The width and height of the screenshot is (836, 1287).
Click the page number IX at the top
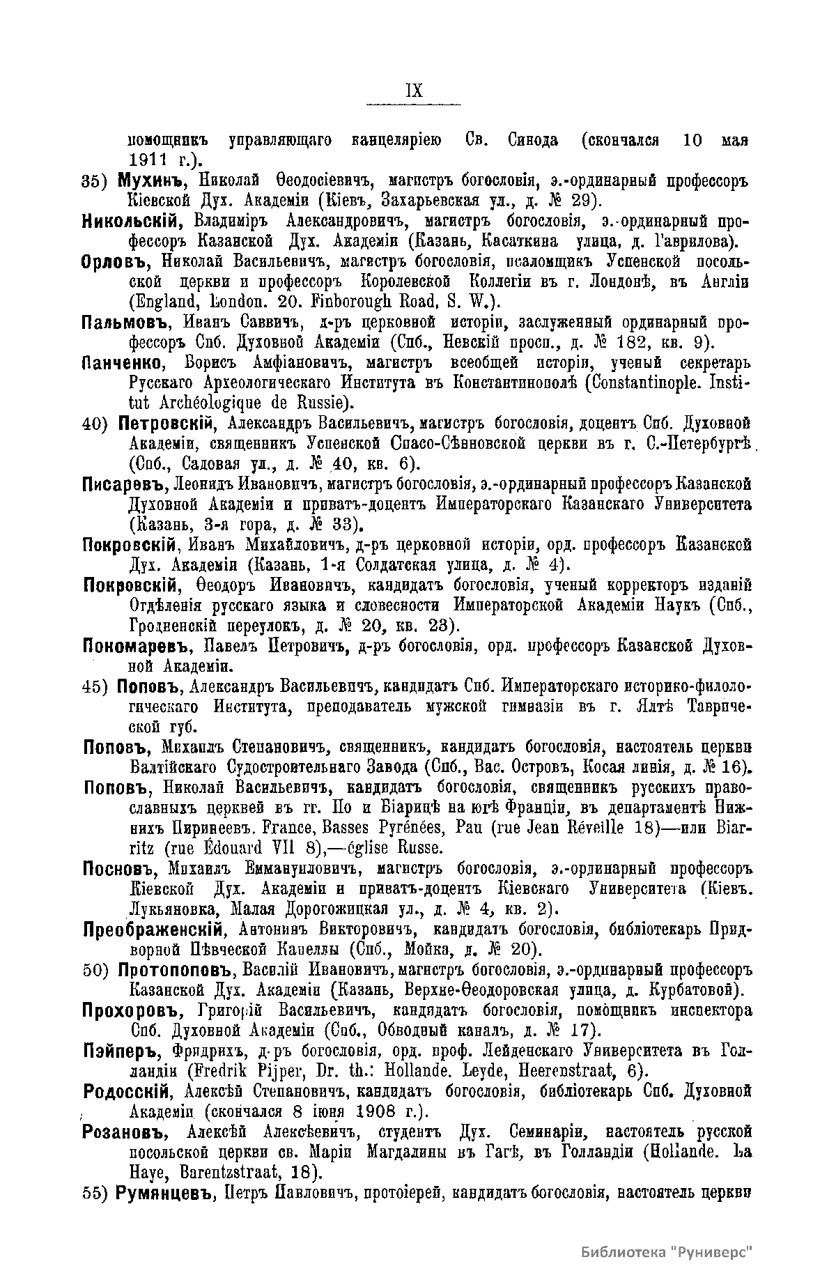[413, 91]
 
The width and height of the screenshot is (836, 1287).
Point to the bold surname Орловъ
[118, 262]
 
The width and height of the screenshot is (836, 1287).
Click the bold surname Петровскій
[164, 423]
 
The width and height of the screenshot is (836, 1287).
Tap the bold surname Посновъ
[121, 868]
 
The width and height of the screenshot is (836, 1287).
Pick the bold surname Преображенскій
[153, 929]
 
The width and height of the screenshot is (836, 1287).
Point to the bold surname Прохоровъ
[129, 1010]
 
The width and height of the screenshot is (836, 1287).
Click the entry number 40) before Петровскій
[97, 424]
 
